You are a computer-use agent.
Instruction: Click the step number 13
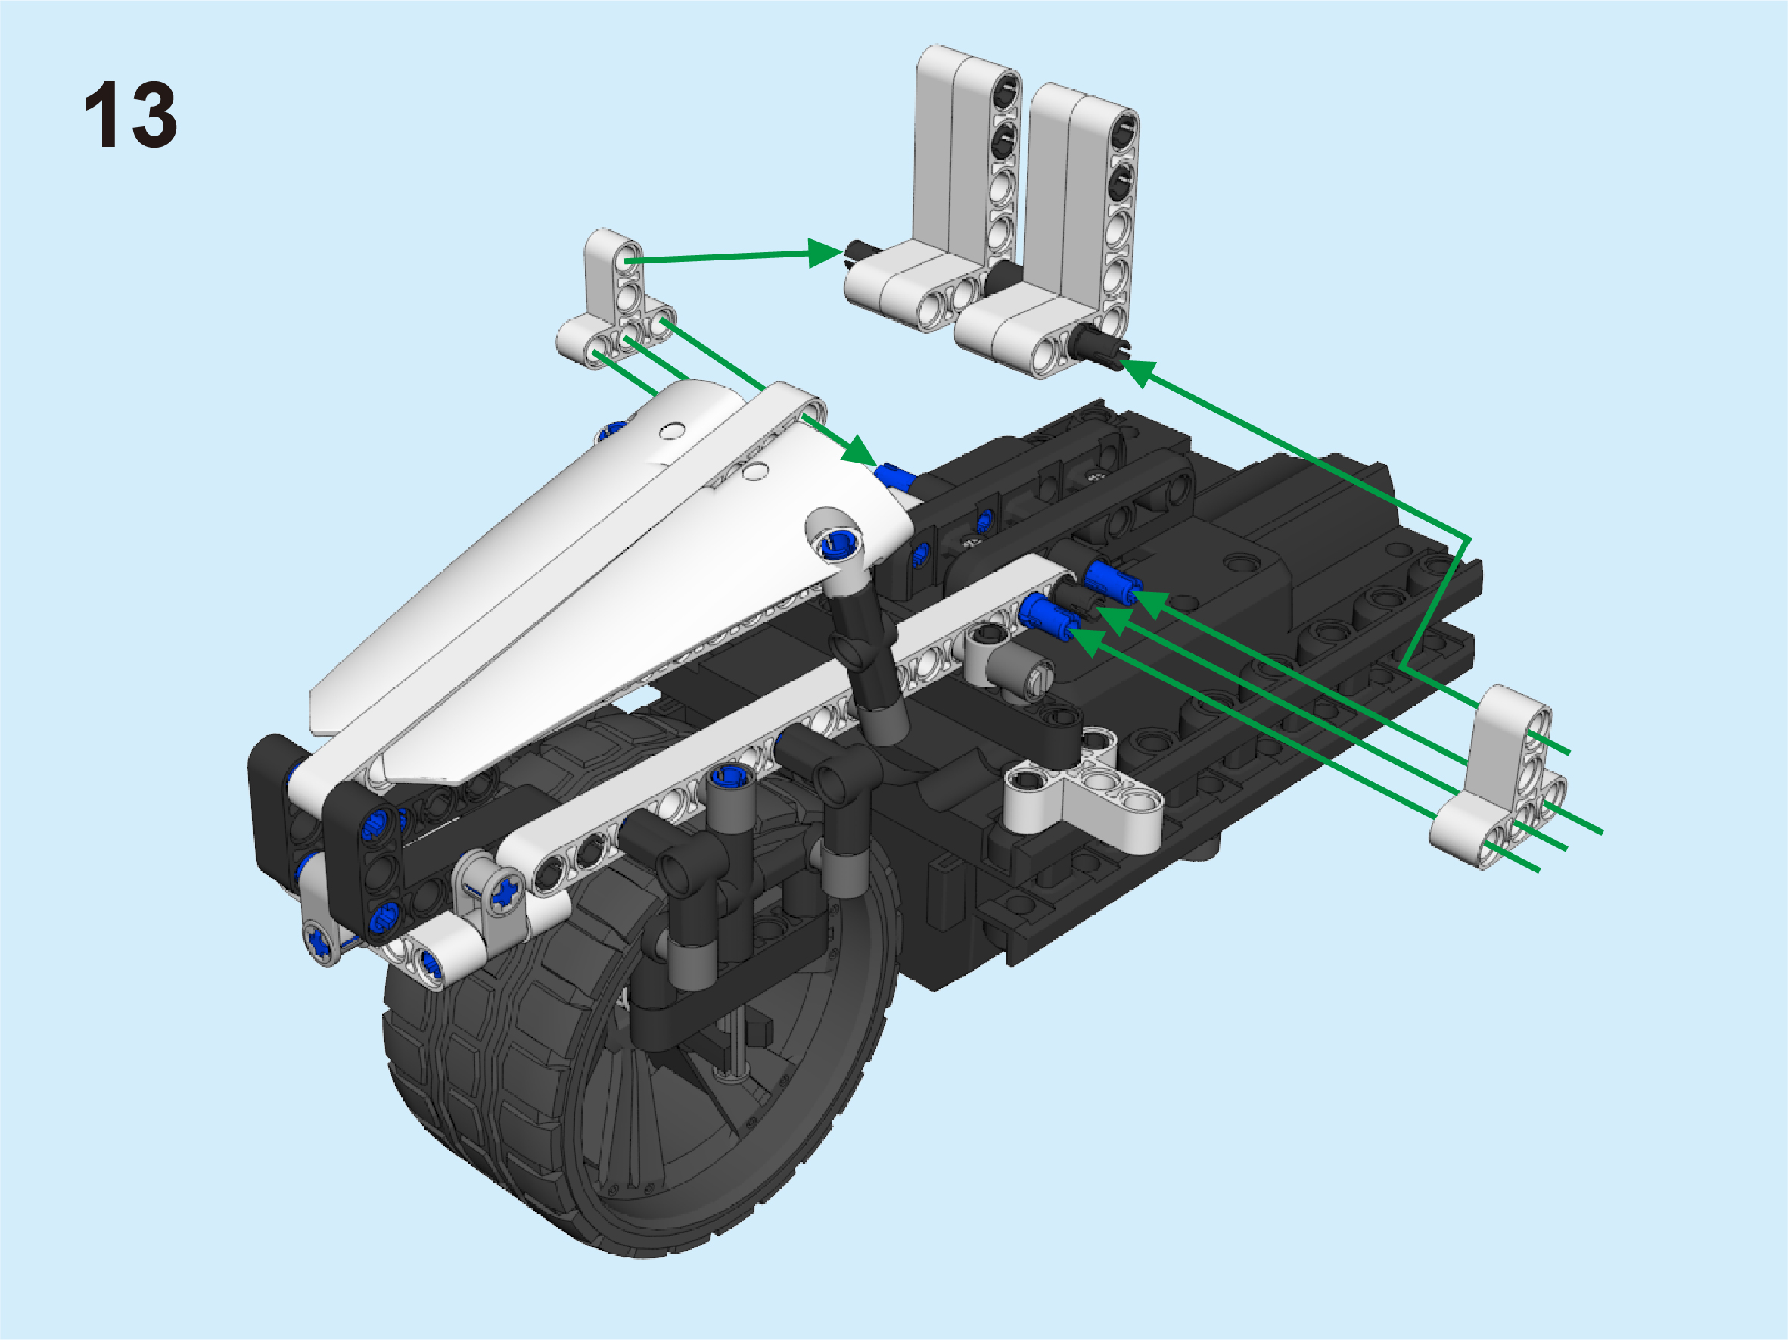130,114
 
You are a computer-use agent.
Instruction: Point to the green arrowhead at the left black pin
826,252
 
